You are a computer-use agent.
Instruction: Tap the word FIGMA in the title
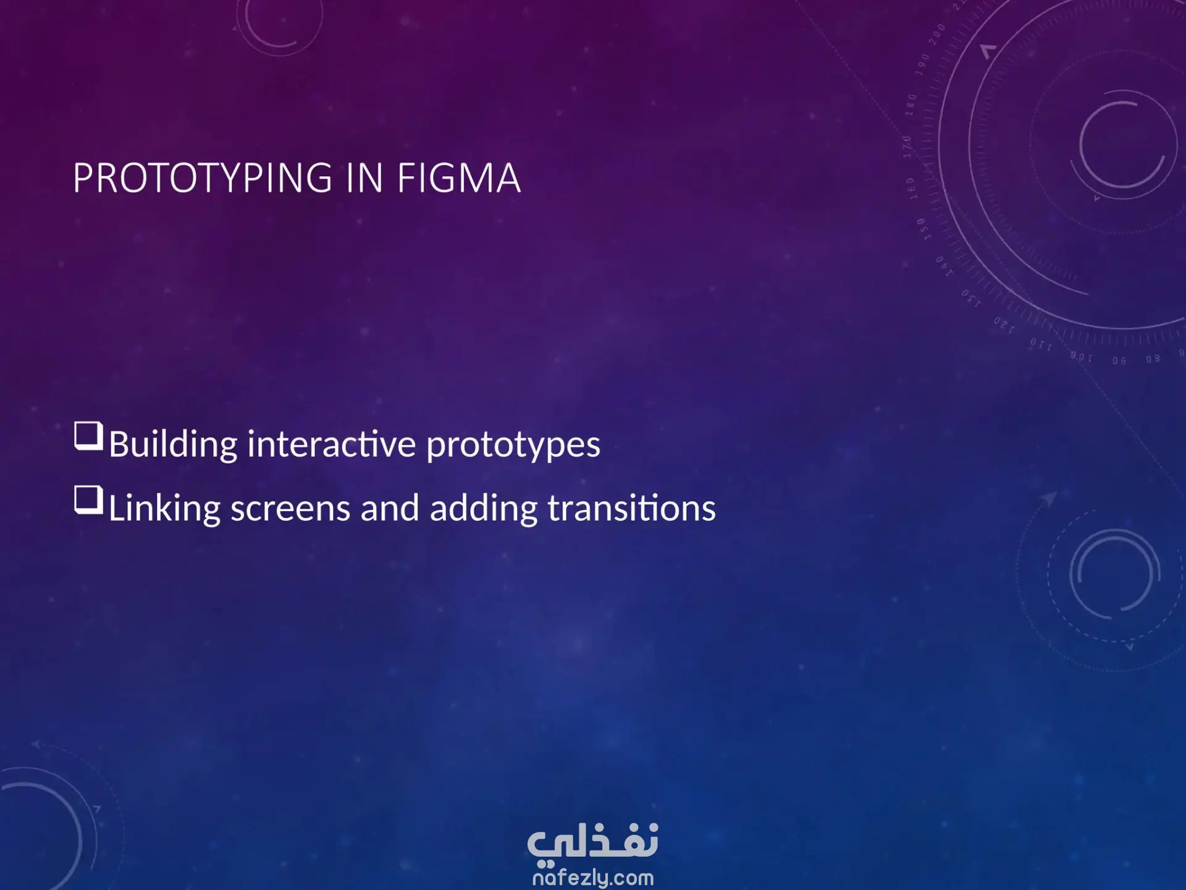[459, 178]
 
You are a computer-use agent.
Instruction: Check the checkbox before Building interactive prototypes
[88, 437]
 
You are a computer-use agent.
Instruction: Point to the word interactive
[332, 443]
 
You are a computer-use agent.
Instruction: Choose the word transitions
[632, 507]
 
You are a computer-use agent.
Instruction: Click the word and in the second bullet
[390, 507]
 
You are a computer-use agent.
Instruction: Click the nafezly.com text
[593, 877]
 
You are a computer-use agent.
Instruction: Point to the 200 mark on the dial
[937, 32]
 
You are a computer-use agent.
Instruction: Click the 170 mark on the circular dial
[907, 146]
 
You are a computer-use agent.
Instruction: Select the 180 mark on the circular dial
[911, 105]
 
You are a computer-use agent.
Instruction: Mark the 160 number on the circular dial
[911, 189]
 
